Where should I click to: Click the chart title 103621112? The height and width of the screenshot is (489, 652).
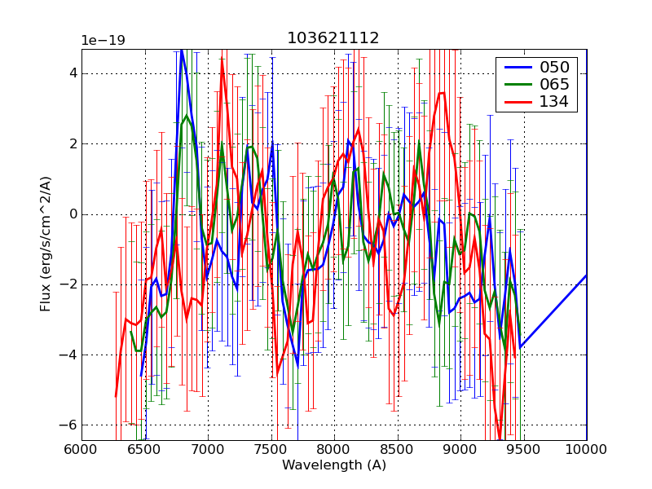click(333, 38)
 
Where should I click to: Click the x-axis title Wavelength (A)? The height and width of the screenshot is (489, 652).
click(334, 465)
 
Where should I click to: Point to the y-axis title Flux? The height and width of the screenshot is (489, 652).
click(46, 244)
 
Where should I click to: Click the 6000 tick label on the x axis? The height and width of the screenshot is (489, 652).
click(81, 449)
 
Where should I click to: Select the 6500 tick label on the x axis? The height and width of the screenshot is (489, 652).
click(145, 449)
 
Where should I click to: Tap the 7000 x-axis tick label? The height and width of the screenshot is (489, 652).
click(208, 449)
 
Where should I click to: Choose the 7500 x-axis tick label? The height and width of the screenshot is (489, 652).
click(271, 449)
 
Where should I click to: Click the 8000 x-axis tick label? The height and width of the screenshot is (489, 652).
click(334, 449)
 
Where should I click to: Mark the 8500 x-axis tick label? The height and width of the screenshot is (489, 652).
click(398, 449)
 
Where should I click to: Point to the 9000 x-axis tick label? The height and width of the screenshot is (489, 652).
click(460, 449)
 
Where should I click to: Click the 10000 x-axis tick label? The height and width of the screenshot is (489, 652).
click(587, 449)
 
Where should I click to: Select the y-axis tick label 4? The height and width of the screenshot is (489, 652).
click(73, 73)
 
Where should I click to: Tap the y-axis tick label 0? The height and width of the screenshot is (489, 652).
click(73, 214)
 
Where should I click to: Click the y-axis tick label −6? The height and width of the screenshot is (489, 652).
click(68, 425)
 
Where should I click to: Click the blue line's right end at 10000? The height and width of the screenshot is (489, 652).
click(586, 275)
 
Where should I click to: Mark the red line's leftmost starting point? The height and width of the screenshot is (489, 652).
click(116, 397)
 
